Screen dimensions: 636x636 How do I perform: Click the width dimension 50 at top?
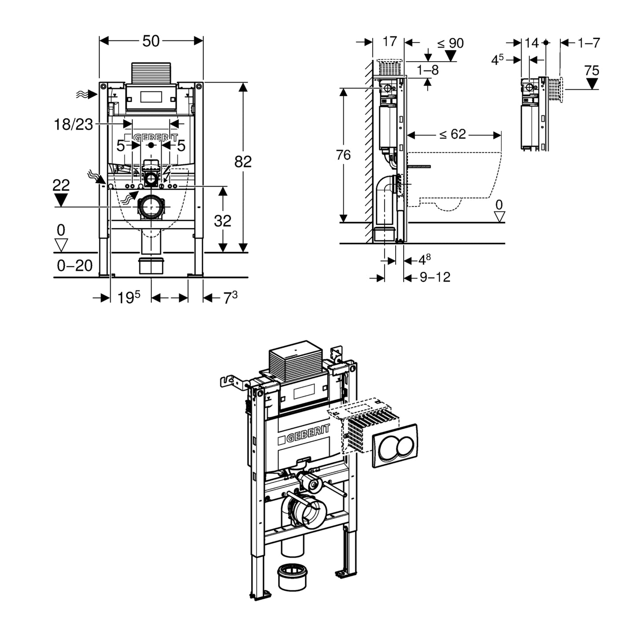click(151, 41)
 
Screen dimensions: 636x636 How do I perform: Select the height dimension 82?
click(243, 162)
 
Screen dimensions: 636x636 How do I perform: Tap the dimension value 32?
click(222, 221)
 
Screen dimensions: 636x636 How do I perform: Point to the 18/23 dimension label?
click(74, 125)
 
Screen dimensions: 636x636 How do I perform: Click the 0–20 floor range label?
click(75, 265)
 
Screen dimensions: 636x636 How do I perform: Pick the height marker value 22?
click(61, 185)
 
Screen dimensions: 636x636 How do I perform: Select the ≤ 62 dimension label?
click(452, 134)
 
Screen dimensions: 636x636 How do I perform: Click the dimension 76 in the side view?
click(343, 155)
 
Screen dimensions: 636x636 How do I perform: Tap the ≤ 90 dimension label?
click(450, 43)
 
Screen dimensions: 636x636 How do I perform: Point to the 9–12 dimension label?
click(435, 277)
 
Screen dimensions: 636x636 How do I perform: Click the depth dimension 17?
click(390, 42)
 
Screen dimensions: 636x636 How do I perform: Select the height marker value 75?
click(592, 70)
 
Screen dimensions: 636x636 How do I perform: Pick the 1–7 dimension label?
click(589, 43)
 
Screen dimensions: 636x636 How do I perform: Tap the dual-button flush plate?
click(395, 446)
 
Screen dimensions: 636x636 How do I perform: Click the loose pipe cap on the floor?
click(292, 576)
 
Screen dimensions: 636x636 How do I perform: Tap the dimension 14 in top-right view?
click(532, 43)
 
